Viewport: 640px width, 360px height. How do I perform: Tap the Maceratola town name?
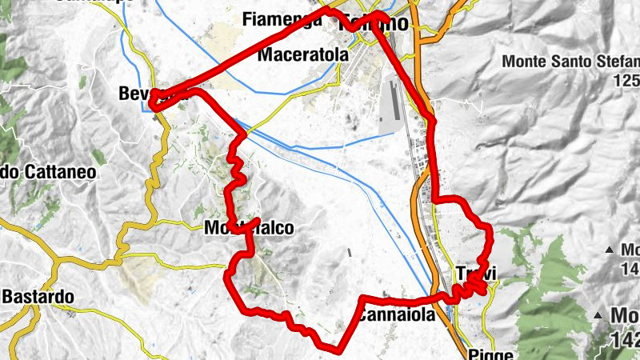(303, 55)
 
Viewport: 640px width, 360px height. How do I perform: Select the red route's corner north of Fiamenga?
(327, 10)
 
